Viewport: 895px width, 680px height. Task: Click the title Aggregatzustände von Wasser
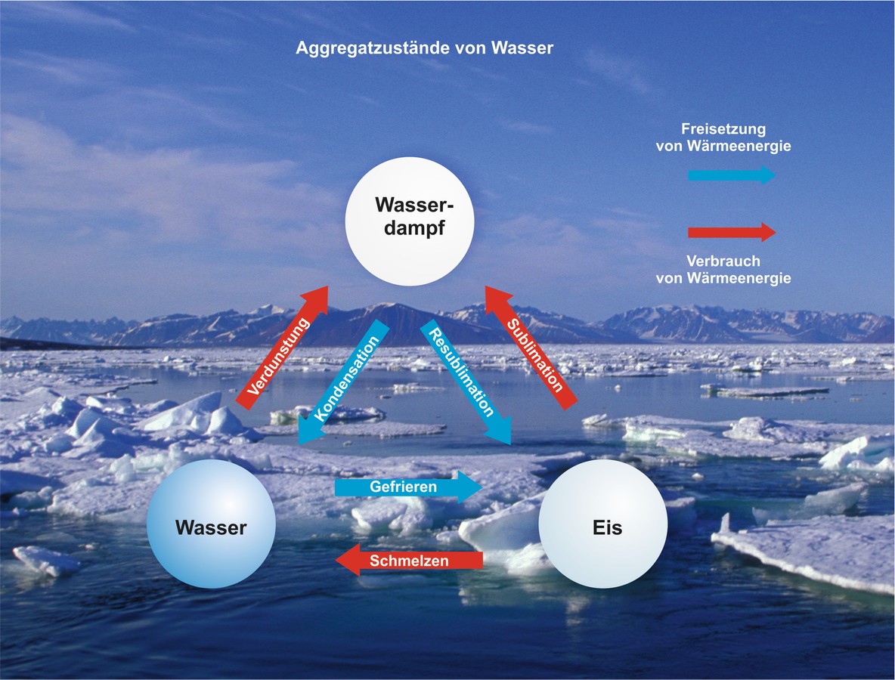click(x=426, y=48)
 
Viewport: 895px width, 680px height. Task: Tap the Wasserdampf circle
click(x=409, y=221)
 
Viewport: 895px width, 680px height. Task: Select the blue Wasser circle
click(x=211, y=526)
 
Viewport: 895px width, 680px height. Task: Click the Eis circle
click(x=602, y=526)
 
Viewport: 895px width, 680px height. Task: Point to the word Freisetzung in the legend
click(x=723, y=129)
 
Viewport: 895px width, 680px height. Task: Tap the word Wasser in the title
click(x=522, y=48)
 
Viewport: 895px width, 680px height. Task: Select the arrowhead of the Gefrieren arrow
click(x=470, y=487)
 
